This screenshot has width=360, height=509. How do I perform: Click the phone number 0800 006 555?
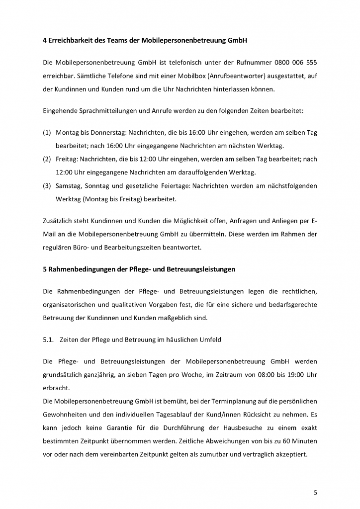295,63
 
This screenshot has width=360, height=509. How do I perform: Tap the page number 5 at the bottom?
315,492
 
